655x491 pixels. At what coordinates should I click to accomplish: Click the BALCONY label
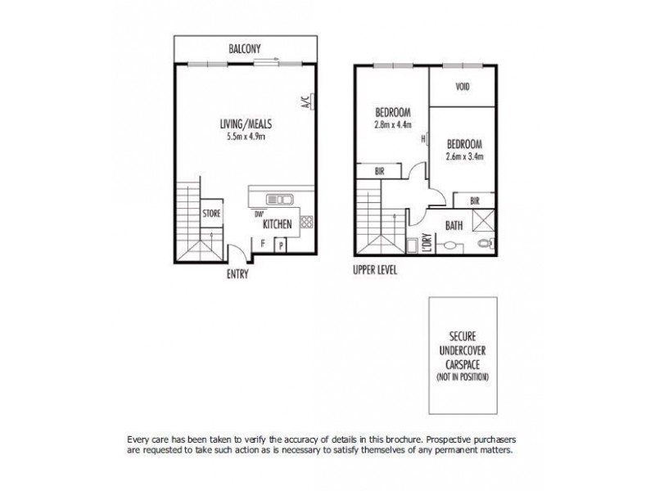(245, 48)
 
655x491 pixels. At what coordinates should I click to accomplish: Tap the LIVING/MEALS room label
(246, 124)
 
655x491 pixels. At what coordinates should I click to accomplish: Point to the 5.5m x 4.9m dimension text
(246, 136)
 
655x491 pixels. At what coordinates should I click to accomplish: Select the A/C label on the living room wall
(305, 103)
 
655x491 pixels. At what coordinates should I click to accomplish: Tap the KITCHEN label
(278, 223)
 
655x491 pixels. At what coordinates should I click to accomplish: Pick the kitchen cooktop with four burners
(305, 221)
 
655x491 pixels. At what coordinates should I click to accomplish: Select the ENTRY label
(237, 275)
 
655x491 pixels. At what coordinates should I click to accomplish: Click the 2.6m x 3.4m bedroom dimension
(465, 155)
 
